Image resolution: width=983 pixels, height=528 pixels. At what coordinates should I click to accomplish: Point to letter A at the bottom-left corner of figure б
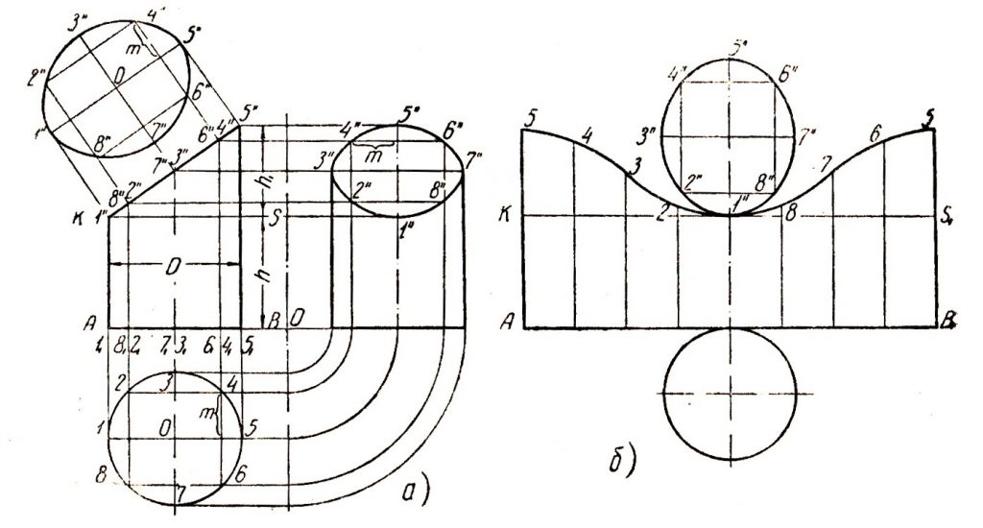[506, 324]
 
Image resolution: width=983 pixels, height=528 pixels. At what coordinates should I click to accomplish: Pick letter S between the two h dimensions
[275, 219]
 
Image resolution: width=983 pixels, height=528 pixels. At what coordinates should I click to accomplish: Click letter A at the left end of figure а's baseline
[91, 323]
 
